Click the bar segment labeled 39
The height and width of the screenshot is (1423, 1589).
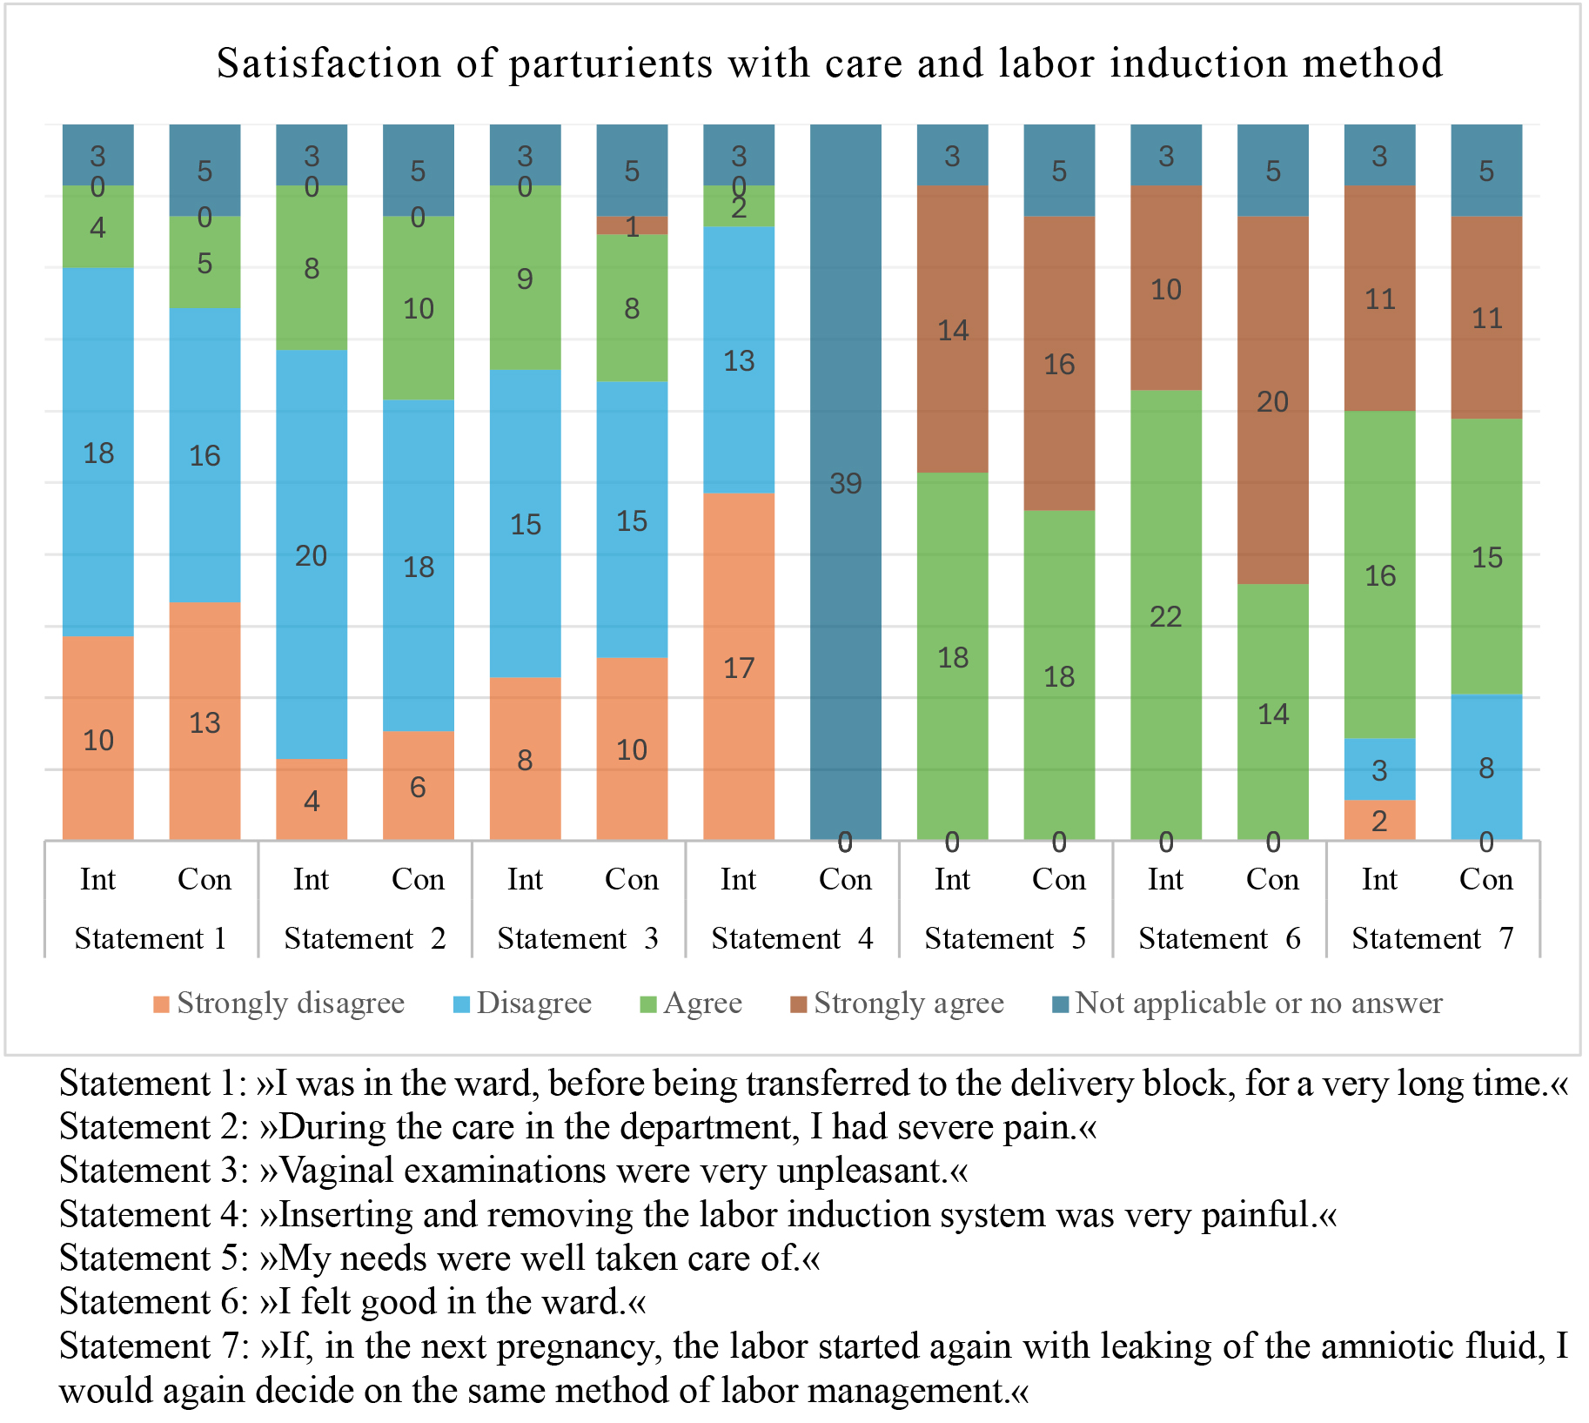click(x=845, y=482)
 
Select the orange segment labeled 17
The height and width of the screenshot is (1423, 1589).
click(x=738, y=667)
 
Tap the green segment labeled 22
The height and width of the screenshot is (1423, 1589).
click(x=1165, y=615)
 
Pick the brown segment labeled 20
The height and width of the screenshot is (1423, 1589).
click(x=1272, y=400)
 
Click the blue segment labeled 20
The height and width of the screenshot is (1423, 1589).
click(x=311, y=554)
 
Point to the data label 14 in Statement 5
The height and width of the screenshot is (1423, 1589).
click(x=952, y=330)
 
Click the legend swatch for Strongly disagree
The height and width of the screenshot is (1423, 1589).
click(x=161, y=1004)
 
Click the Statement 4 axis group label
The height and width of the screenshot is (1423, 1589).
click(x=791, y=938)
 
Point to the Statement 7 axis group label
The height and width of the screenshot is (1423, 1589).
click(x=1432, y=938)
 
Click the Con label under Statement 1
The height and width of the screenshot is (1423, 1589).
click(x=204, y=879)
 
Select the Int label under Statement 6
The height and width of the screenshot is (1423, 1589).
click(x=1165, y=879)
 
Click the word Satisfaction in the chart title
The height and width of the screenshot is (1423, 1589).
click(x=329, y=64)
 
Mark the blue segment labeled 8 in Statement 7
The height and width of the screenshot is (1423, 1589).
click(x=1486, y=767)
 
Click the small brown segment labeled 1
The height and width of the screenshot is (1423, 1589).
click(x=632, y=225)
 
